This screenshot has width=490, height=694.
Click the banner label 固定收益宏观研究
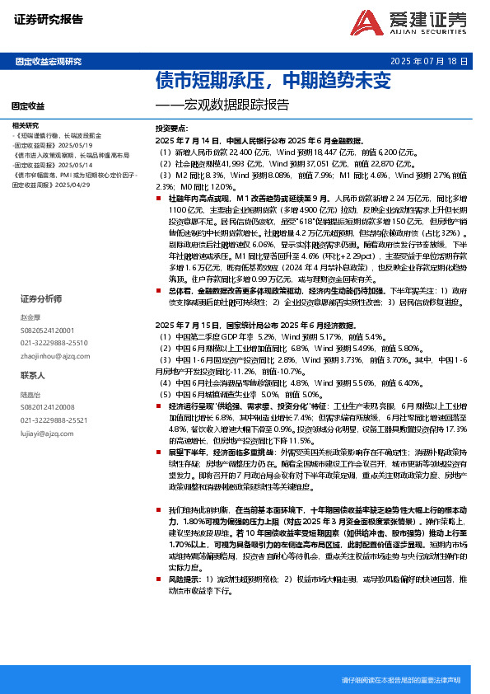[x=49, y=62]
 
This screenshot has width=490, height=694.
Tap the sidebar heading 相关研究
[x=26, y=125]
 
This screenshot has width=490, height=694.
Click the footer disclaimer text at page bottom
[x=400, y=680]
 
